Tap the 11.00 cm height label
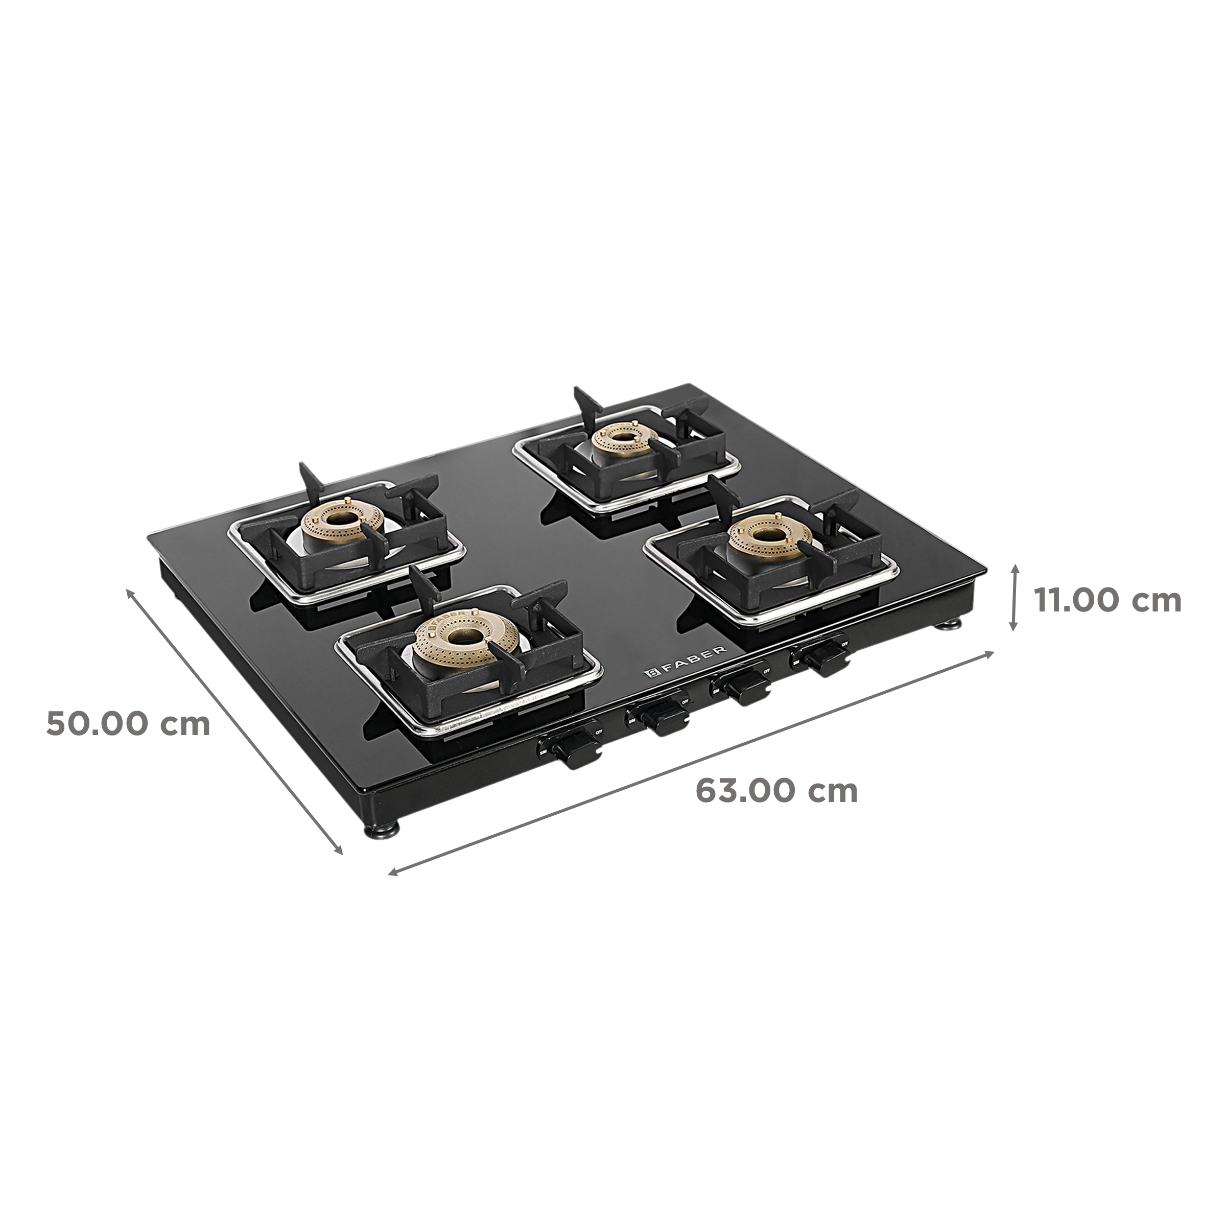click(x=1107, y=600)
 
